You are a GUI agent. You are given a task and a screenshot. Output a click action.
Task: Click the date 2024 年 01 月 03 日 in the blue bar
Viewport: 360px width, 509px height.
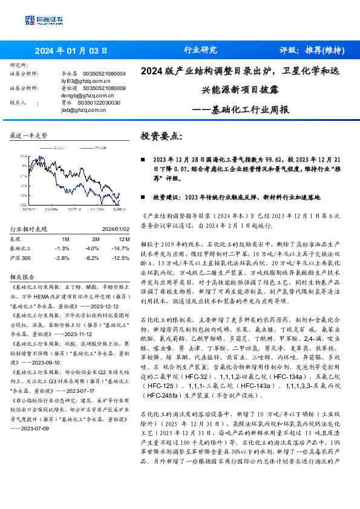pos(71,50)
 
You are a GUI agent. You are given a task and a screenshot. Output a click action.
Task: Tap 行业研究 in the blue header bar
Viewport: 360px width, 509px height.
pos(200,50)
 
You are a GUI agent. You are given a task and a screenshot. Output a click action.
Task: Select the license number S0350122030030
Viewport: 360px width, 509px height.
pos(99,103)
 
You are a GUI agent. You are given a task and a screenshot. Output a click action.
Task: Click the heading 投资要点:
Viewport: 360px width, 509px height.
pos(161,137)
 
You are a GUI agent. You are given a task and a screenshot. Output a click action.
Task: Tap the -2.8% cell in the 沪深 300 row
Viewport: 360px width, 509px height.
pos(62,258)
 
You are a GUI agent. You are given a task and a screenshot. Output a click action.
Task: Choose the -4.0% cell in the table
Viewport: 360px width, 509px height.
pos(91,248)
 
